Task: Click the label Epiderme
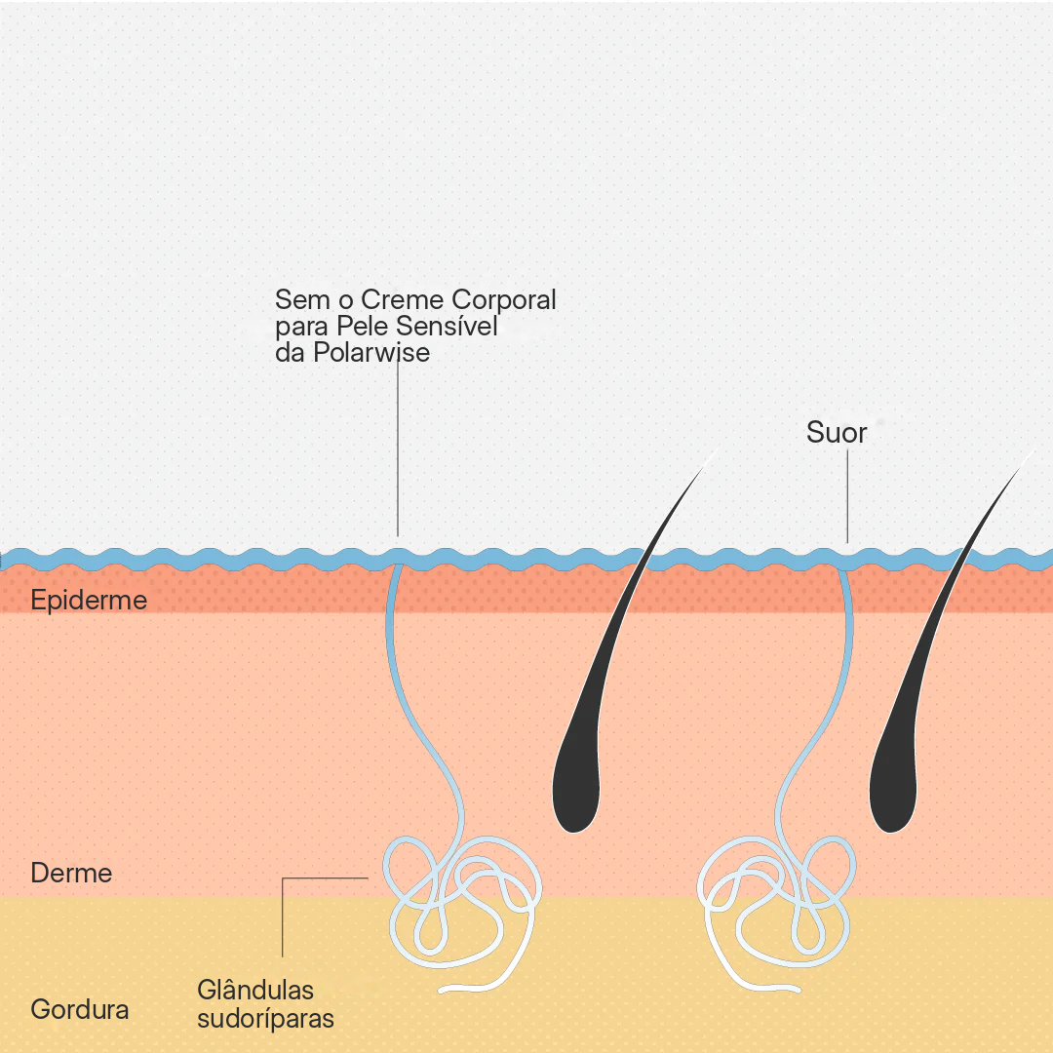coord(89,600)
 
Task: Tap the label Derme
coord(71,873)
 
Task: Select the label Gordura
coord(79,1009)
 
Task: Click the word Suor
coord(837,433)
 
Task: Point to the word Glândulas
coord(255,990)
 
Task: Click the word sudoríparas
coord(265,1018)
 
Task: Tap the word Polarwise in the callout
coord(371,353)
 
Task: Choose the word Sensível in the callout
coord(446,326)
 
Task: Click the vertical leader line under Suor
coord(847,496)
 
